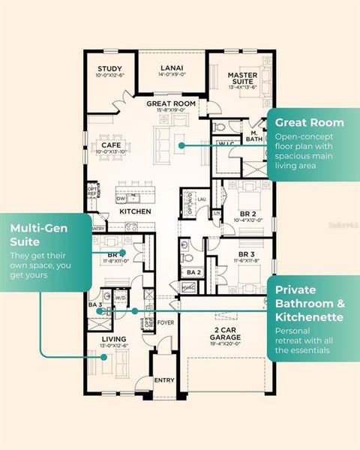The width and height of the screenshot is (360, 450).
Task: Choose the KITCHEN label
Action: click(136, 212)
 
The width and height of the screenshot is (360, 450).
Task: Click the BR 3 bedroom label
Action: click(246, 254)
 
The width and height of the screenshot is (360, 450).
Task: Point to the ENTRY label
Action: click(164, 380)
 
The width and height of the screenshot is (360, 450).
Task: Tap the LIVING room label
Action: click(114, 339)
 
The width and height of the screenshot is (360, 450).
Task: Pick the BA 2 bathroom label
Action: click(193, 271)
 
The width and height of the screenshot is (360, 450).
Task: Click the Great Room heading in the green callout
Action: click(309, 122)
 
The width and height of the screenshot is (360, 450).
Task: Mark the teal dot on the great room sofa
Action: click(181, 145)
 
